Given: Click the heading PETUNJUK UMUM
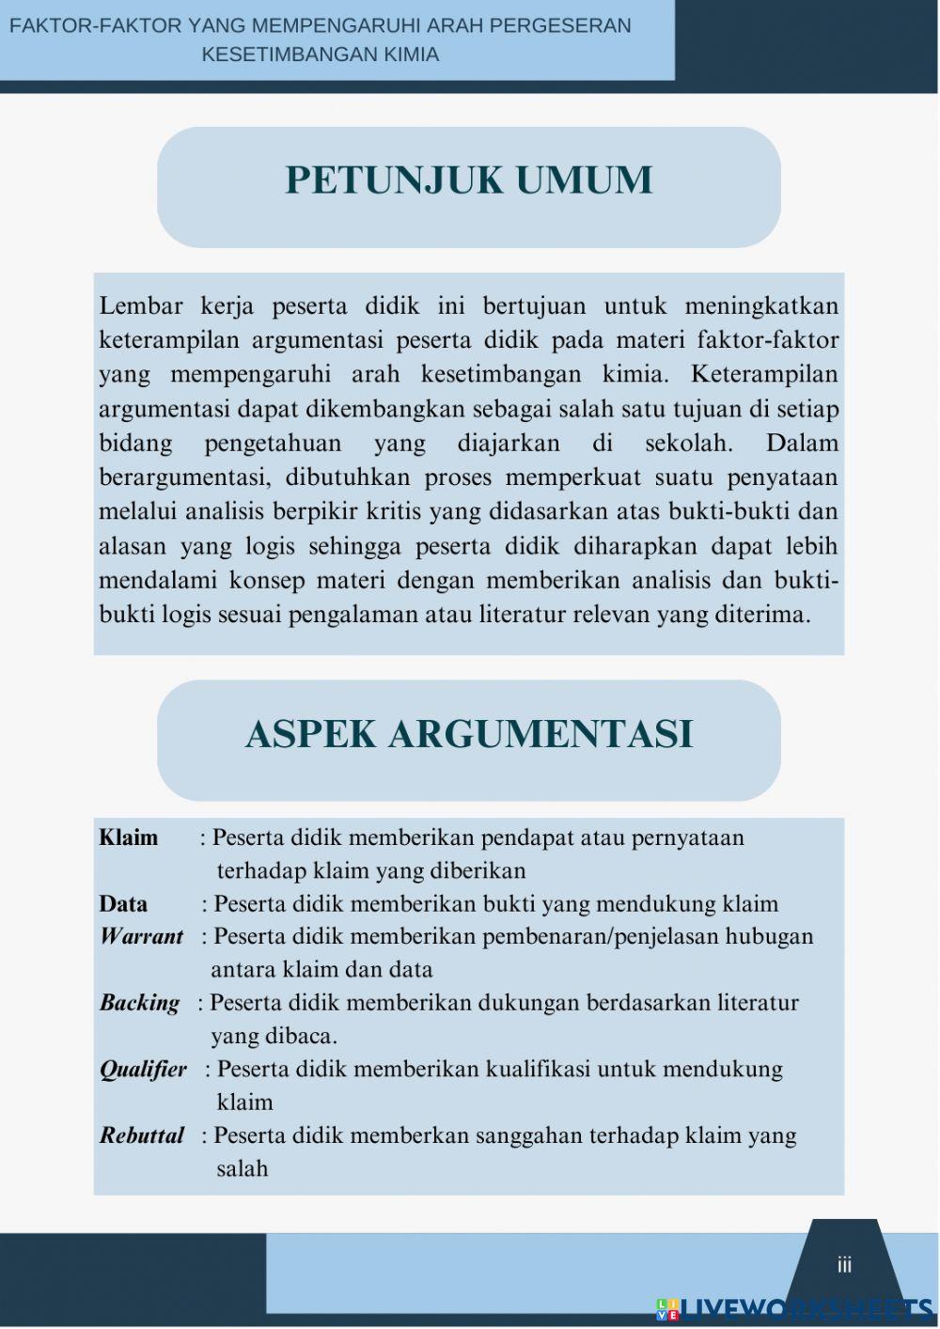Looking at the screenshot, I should coord(468,180).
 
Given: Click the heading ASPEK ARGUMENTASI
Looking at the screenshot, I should coord(468,733).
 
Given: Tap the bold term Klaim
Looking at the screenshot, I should coord(129,837).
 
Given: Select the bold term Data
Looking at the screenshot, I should coord(123,904).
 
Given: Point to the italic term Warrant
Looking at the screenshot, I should coord(141,936).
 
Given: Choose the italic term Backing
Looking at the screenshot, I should coord(139,1003).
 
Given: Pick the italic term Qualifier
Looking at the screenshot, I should coord(143,1070).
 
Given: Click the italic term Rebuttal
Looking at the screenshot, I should coord(142,1135).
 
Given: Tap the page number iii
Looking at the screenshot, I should coord(844,1265).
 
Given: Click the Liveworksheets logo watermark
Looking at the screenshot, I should coord(794,1309).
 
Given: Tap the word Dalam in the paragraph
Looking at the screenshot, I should coord(802,443).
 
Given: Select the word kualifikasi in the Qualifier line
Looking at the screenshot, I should coord(538,1070).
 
